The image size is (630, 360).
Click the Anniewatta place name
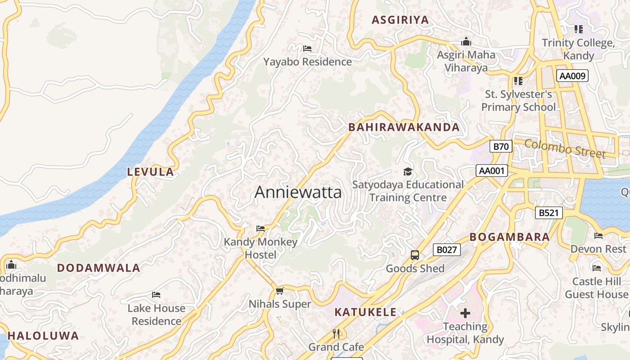298,193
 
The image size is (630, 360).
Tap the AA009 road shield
572,76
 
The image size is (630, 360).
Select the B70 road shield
501,146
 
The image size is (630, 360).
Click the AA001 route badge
492,171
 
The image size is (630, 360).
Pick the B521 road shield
549,213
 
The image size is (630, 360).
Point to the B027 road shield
447,250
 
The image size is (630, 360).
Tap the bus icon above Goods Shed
415,255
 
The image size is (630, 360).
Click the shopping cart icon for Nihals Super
280,291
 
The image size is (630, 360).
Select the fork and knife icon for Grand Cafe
336,333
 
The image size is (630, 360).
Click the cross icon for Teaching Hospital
465,313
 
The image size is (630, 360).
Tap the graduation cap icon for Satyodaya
408,171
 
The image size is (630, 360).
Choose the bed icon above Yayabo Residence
307,48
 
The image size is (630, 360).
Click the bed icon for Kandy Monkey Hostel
261,229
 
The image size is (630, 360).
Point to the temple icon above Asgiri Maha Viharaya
466,41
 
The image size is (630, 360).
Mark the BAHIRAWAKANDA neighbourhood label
404,127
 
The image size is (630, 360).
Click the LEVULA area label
150,171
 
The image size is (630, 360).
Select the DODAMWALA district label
99,268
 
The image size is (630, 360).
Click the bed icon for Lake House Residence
156,295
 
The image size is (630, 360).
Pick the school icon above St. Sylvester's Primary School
518,81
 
